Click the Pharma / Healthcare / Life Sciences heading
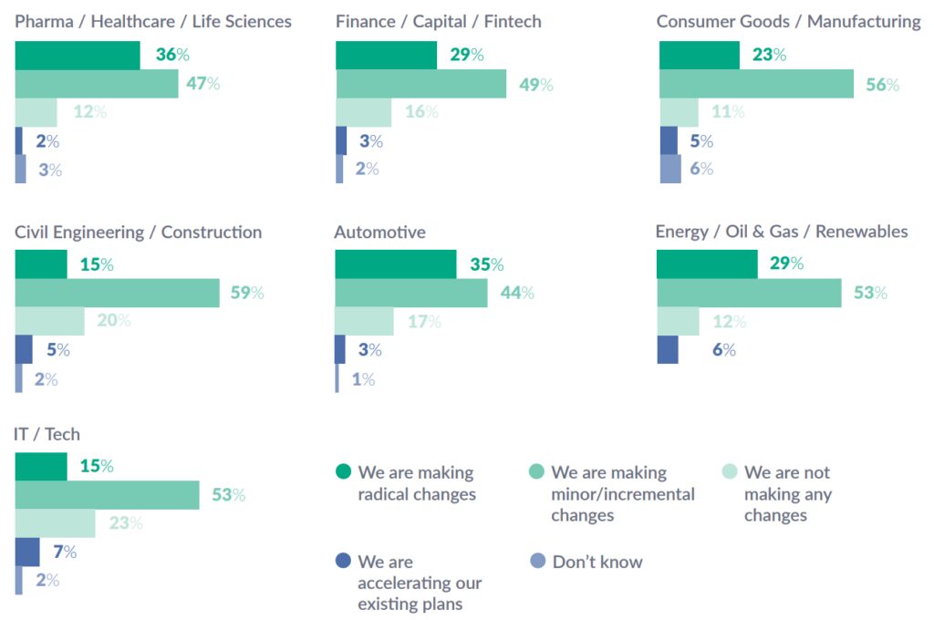coord(153,21)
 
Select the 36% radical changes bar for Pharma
coord(78,56)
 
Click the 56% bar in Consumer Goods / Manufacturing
coord(756,84)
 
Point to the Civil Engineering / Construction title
coord(139,232)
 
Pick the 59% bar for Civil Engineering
coord(118,293)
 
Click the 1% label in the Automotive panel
coord(364,379)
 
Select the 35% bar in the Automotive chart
coord(396,264)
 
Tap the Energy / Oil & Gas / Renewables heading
coord(782,232)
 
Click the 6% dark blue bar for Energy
coord(668,350)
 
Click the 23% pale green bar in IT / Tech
coord(56,523)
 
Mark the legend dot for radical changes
coord(343,472)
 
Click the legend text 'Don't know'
coord(597,563)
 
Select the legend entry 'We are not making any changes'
coord(786,494)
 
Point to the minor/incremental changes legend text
coord(622,494)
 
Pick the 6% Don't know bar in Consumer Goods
coord(669,169)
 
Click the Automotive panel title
coord(379,232)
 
